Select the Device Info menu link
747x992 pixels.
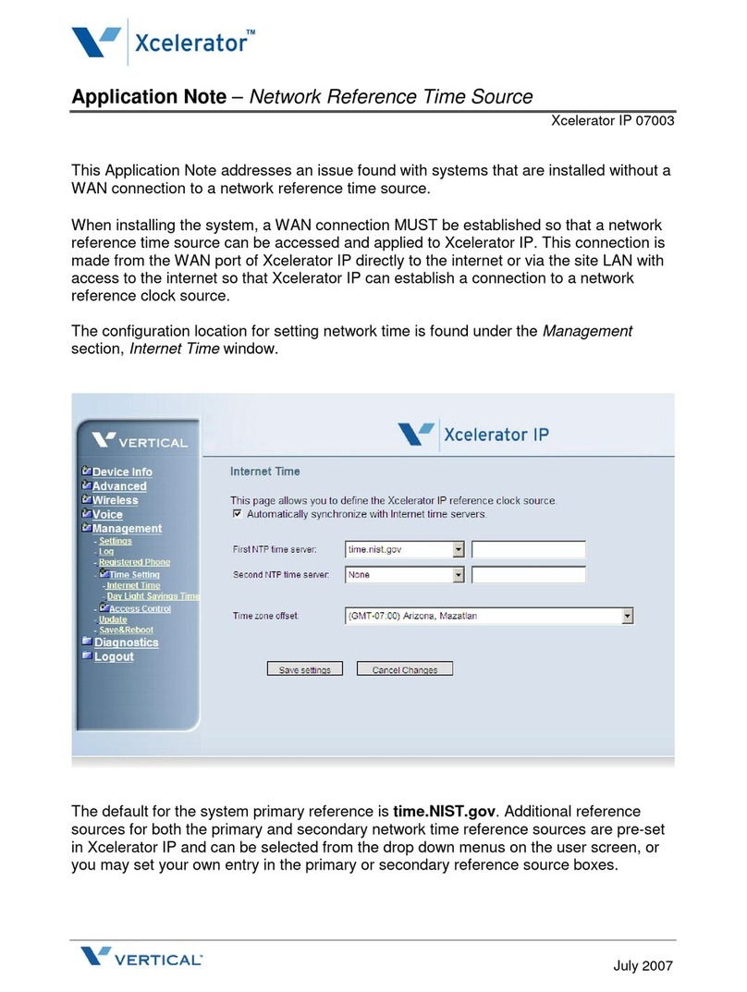click(122, 472)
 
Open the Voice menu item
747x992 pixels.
click(107, 514)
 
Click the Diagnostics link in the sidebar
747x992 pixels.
click(126, 642)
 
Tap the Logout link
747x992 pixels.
click(114, 656)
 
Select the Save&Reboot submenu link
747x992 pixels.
click(126, 630)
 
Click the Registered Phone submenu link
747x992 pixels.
click(134, 562)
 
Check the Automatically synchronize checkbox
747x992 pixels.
click(238, 513)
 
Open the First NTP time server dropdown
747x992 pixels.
click(459, 549)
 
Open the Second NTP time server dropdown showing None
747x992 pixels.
click(459, 574)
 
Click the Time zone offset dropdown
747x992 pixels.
click(627, 616)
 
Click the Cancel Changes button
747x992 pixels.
click(405, 669)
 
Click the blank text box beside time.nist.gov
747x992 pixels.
click(529, 549)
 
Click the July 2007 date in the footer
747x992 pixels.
click(643, 966)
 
